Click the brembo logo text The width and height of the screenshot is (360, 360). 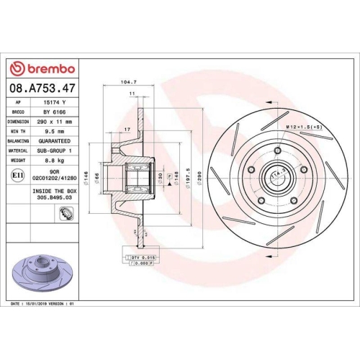45,68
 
